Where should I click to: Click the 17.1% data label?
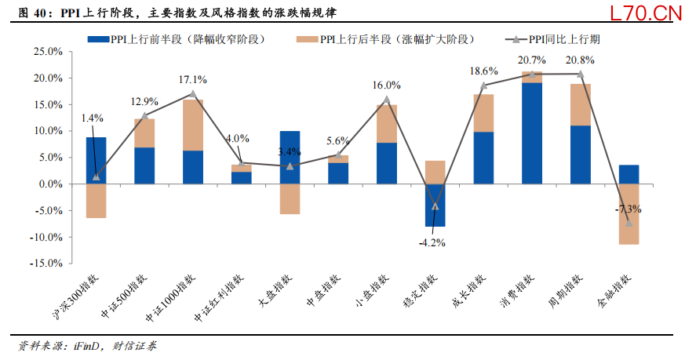pos(193,79)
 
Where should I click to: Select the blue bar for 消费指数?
pos(532,133)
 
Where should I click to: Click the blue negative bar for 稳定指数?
pos(435,205)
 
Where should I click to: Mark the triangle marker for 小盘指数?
pos(387,100)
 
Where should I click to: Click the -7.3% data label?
pos(629,209)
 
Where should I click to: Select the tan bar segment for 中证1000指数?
pos(193,125)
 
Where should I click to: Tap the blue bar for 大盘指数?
pos(290,157)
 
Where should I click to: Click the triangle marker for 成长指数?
pos(484,85)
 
